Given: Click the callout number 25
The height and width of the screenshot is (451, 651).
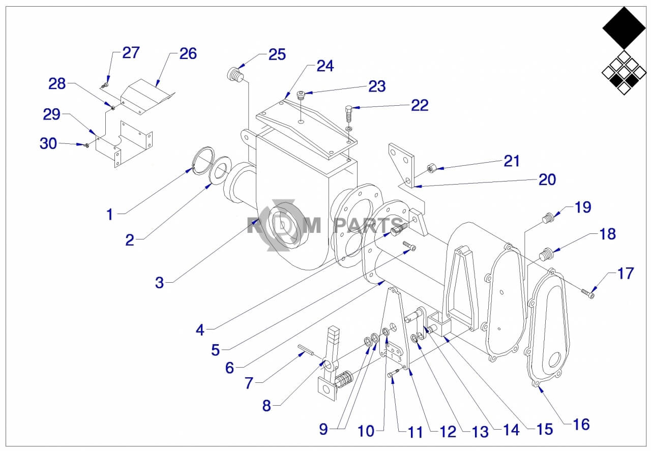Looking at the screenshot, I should [277, 54].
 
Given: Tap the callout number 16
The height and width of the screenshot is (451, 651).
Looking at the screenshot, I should [581, 424].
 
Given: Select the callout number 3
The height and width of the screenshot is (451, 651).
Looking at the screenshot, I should [160, 283].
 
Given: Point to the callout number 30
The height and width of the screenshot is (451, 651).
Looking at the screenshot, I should [48, 144].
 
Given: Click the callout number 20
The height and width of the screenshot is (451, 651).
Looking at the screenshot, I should [547, 179].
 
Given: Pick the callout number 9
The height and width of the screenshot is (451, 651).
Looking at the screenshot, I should [323, 429].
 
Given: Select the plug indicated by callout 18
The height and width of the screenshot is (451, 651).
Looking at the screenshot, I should [546, 253].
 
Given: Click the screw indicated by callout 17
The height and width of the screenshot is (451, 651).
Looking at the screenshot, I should [588, 293].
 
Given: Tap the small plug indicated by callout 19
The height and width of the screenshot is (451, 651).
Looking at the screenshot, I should [547, 218].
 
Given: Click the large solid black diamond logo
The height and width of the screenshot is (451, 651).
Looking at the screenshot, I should [624, 27].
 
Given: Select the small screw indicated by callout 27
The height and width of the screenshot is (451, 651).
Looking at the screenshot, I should [105, 85].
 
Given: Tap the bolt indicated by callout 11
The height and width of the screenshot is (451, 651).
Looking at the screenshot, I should [392, 374].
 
